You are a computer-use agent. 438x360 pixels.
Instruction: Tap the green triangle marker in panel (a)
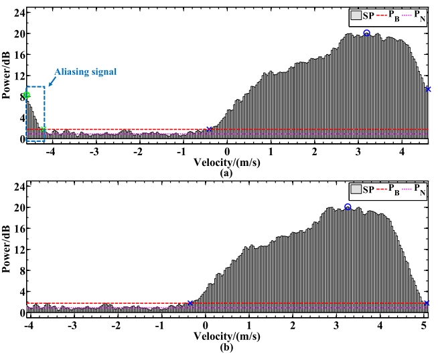point(27,94)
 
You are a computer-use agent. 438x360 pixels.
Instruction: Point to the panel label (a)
point(226,171)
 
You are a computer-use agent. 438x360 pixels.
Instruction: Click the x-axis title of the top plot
point(226,161)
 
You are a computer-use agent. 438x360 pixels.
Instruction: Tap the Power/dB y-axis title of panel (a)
point(6,78)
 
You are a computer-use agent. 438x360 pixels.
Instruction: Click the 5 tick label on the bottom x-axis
point(424,325)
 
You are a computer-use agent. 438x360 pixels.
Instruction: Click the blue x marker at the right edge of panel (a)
point(428,89)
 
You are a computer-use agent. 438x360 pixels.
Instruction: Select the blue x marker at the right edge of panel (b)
point(427,304)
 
